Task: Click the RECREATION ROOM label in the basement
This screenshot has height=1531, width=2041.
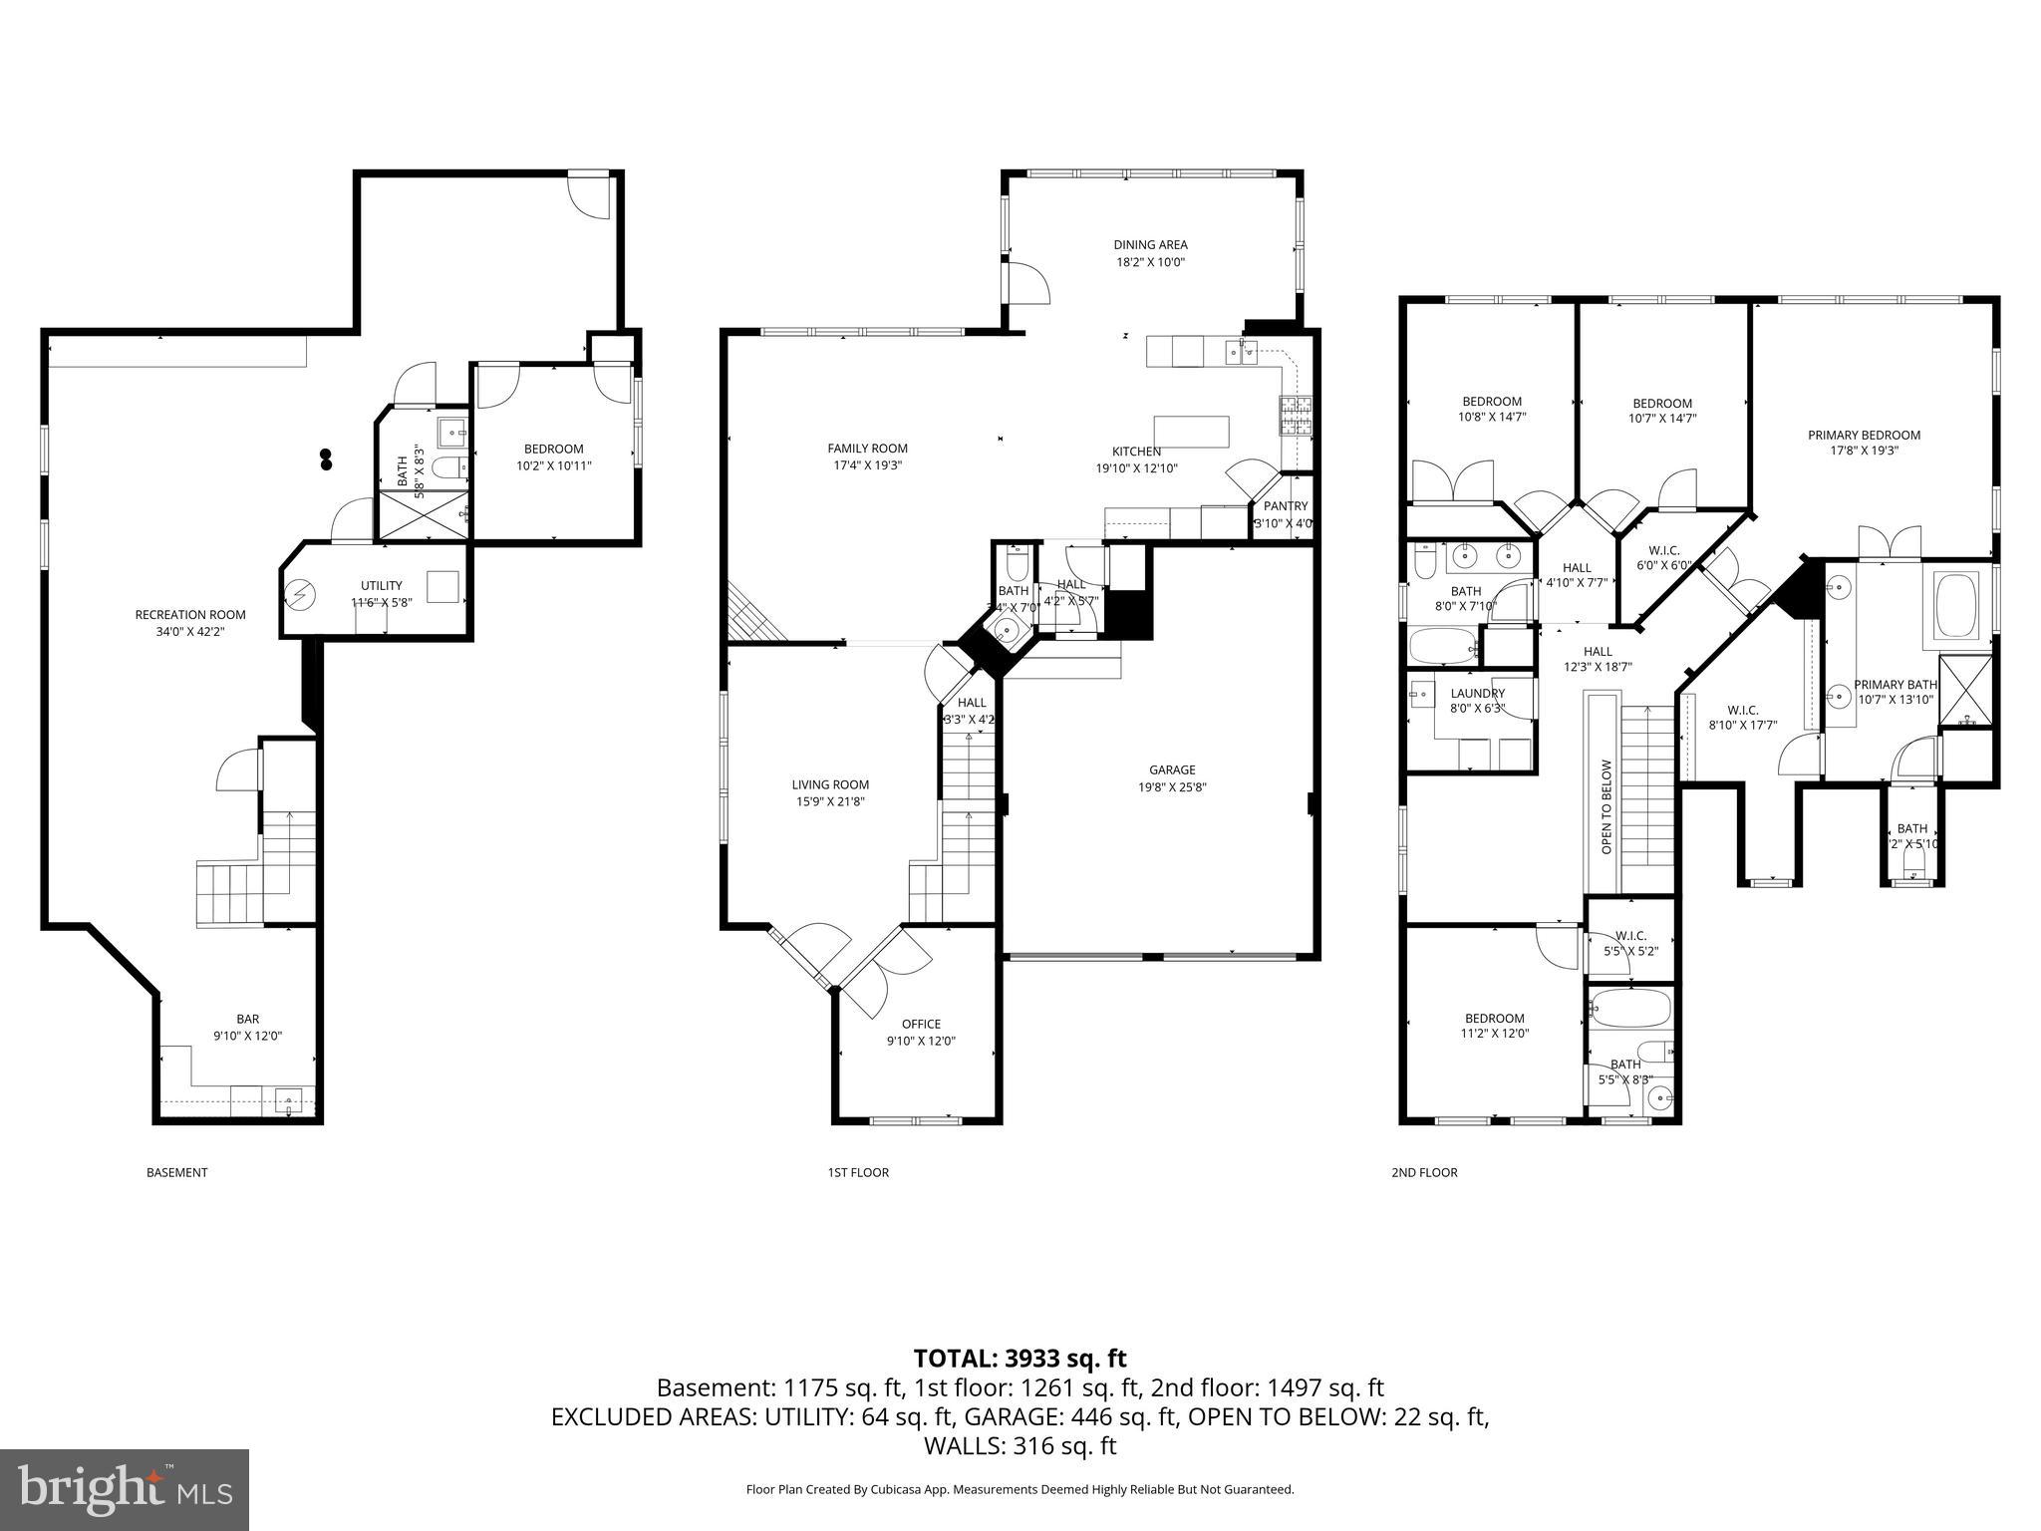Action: tap(190, 615)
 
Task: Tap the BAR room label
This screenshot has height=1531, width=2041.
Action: tap(248, 1019)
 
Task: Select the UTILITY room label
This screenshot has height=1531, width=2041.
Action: tap(381, 585)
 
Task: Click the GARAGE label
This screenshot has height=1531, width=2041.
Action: tap(1172, 769)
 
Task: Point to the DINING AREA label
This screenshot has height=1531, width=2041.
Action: tap(1150, 244)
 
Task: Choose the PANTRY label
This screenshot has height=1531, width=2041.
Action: tap(1285, 506)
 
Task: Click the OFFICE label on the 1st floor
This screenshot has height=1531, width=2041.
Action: tap(921, 1024)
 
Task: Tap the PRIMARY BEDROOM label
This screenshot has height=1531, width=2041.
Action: tap(1864, 435)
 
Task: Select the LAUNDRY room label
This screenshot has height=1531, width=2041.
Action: tap(1477, 694)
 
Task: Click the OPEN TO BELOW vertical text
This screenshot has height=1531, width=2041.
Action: tap(1605, 807)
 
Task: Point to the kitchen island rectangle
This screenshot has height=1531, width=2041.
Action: tap(1191, 432)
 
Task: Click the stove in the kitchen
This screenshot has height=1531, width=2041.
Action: tap(1296, 417)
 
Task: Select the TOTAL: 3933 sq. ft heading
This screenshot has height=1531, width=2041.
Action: tap(1020, 1359)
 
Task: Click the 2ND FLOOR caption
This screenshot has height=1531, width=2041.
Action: tap(1424, 1172)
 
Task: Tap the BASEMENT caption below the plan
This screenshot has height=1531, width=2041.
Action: tap(176, 1172)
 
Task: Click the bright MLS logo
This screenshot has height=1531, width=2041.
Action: tap(125, 1489)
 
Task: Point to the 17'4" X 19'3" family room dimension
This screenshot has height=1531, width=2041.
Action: tap(867, 465)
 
